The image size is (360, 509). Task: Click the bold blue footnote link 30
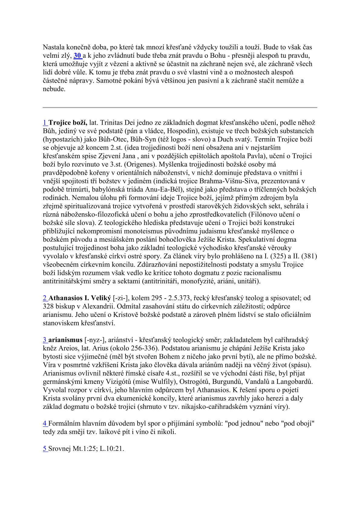pos(78,56)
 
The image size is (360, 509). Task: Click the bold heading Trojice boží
pos(68,123)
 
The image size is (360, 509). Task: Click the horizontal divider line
pos(180,107)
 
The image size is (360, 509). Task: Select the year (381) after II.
pos(309,256)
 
